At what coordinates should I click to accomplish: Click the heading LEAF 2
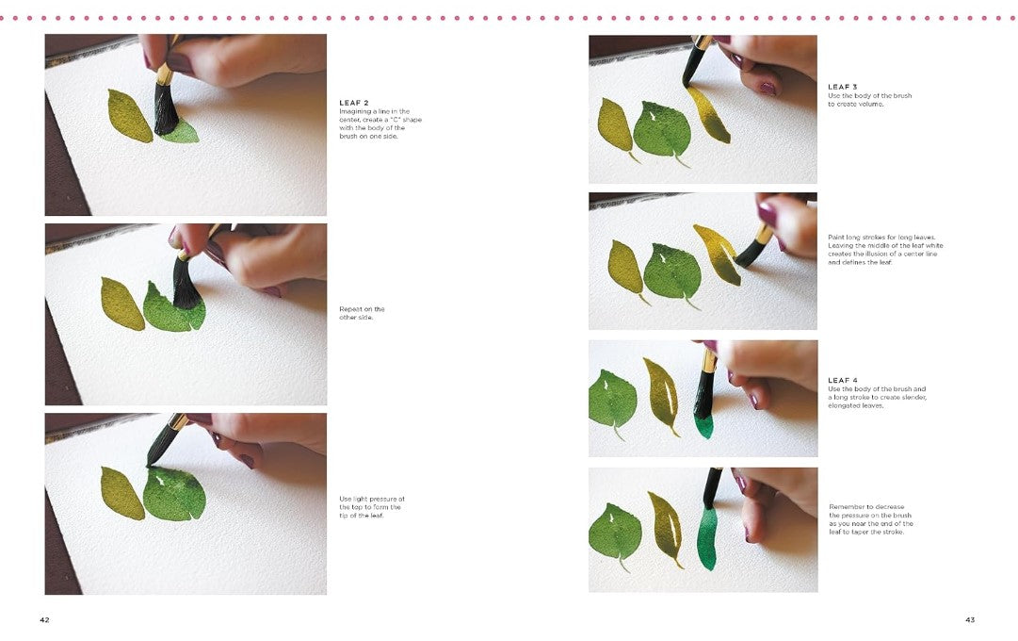click(x=354, y=103)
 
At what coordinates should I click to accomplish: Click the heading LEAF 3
click(x=843, y=87)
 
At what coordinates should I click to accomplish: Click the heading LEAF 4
click(x=843, y=380)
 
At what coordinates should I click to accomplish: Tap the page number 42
click(x=45, y=619)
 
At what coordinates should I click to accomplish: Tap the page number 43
click(x=970, y=619)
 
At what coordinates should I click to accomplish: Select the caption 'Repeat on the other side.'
click(x=362, y=313)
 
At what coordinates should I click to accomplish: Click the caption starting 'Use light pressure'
click(x=371, y=507)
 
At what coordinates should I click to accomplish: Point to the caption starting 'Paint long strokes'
click(x=885, y=250)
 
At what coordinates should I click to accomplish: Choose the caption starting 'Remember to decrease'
click(x=871, y=518)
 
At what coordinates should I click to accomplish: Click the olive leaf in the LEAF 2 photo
click(x=129, y=115)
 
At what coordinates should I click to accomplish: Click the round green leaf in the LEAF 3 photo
click(x=661, y=130)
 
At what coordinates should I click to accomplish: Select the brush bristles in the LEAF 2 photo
click(x=166, y=107)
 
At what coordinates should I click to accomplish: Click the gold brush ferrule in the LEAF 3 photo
click(x=702, y=43)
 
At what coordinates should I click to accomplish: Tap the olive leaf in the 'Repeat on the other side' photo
click(x=121, y=304)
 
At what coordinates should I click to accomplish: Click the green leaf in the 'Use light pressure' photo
click(x=173, y=494)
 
